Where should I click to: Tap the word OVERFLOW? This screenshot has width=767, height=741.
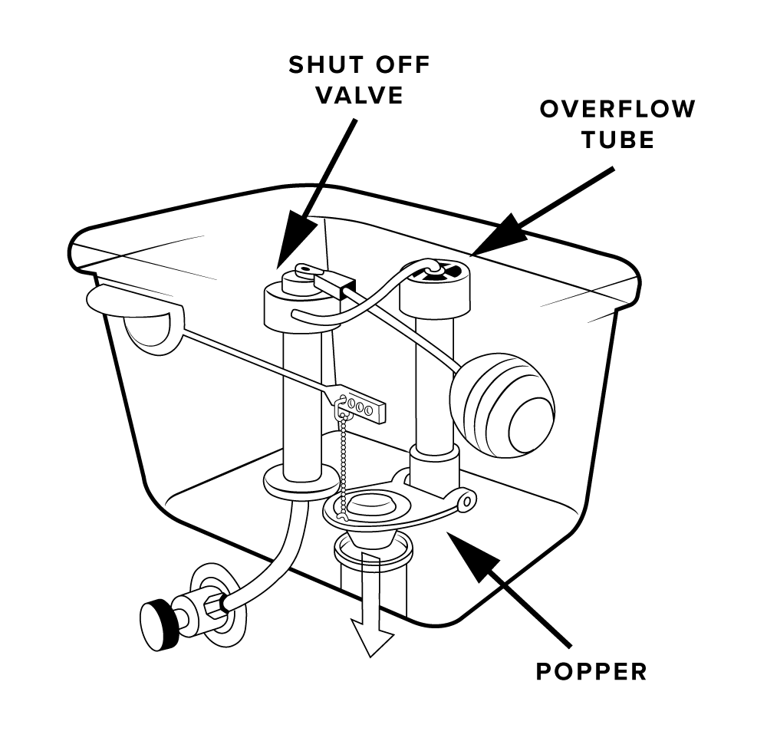click(617, 109)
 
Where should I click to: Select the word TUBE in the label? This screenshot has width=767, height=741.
click(617, 140)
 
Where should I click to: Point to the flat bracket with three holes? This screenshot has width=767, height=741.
click(360, 407)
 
